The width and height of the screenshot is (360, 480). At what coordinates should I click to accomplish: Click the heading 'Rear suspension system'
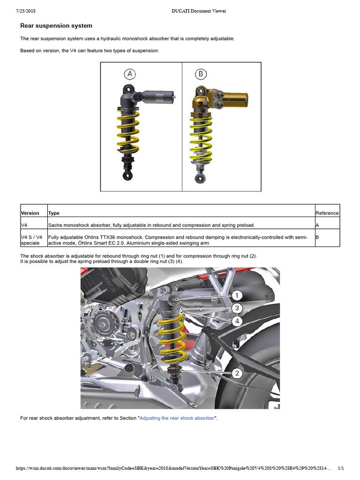coord(56,26)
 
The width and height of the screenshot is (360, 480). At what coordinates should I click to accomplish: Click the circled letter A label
coord(130,74)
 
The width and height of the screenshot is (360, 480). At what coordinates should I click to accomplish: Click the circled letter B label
coord(201,74)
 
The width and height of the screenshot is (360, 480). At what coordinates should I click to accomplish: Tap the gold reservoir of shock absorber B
coord(234,99)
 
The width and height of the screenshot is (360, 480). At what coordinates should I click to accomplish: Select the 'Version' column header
coord(30,213)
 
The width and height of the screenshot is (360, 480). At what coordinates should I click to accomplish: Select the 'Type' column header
coord(54,213)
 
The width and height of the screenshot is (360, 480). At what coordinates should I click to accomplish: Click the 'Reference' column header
coord(327,213)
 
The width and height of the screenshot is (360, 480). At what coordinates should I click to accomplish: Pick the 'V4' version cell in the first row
coord(24,225)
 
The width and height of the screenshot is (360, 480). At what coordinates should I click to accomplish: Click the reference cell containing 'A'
coord(317,225)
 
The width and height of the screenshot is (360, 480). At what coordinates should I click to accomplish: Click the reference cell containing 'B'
coord(317,238)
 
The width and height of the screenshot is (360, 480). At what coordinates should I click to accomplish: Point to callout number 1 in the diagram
coord(238,295)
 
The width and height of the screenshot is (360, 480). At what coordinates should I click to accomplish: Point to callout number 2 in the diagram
coord(238,373)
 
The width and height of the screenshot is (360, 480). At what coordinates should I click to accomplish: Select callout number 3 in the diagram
coord(238,308)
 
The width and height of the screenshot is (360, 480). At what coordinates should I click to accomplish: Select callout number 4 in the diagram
coord(238,321)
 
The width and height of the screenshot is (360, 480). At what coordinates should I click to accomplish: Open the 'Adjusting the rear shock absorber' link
coord(177,418)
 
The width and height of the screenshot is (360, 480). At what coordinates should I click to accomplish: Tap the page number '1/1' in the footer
coord(341,468)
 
